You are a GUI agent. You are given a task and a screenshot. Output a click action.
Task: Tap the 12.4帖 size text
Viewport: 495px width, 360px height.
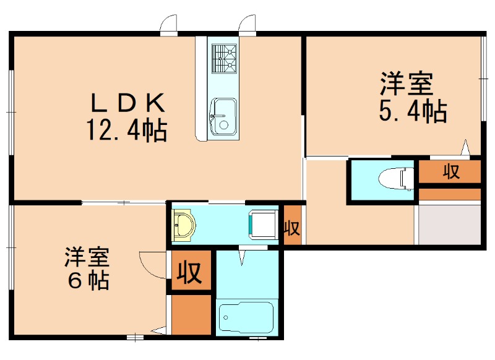(126, 130)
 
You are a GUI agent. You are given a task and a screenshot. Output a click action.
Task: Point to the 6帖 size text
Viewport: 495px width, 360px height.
(88, 281)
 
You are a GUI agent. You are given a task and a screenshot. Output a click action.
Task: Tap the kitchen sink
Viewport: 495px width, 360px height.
(223, 116)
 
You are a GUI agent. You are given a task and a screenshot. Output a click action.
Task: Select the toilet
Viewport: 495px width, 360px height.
(397, 178)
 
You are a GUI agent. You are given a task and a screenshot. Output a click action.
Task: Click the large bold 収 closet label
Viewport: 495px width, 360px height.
(191, 272)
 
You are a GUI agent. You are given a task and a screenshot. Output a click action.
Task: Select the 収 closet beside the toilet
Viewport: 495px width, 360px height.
(450, 172)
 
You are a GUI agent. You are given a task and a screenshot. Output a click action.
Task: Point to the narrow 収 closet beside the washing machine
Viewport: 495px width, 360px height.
(291, 227)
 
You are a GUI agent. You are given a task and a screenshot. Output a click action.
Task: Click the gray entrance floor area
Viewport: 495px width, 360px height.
(449, 224)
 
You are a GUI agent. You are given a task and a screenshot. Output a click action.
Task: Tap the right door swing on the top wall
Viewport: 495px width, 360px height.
(247, 24)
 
